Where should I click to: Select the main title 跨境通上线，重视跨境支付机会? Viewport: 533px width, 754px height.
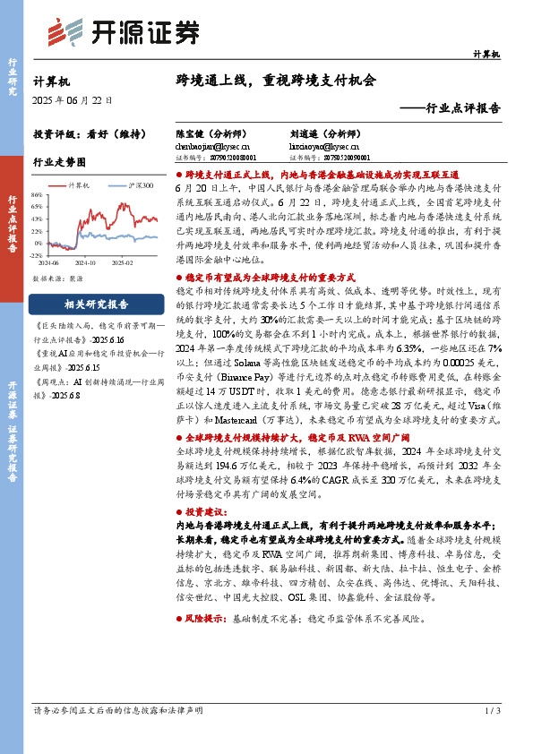coord(276,80)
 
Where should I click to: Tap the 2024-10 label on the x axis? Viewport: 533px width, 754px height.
coord(86,264)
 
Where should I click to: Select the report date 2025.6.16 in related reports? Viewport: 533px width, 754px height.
coord(89,340)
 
